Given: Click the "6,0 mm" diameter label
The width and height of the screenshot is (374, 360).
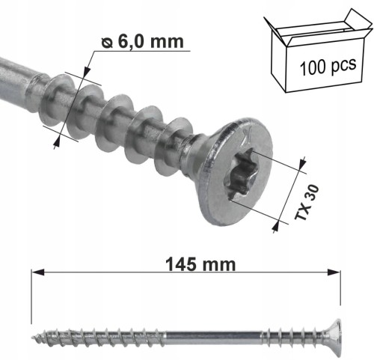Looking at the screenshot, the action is [x=150, y=41].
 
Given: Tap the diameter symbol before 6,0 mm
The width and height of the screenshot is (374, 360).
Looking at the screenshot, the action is [x=107, y=43].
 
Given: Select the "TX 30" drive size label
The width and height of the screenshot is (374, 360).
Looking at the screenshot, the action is [x=306, y=202].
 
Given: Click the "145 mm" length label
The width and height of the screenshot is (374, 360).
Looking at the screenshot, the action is [x=200, y=264].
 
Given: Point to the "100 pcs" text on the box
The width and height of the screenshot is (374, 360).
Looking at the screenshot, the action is [x=328, y=66].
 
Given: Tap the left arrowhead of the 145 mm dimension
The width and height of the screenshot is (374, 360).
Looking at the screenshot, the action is [x=37, y=272].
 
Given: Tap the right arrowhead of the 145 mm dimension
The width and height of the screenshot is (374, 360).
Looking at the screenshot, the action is [x=334, y=272].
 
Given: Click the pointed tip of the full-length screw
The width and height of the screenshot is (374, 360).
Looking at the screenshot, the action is [x=31, y=338].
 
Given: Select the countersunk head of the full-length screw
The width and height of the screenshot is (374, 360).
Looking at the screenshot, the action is [x=334, y=338].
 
